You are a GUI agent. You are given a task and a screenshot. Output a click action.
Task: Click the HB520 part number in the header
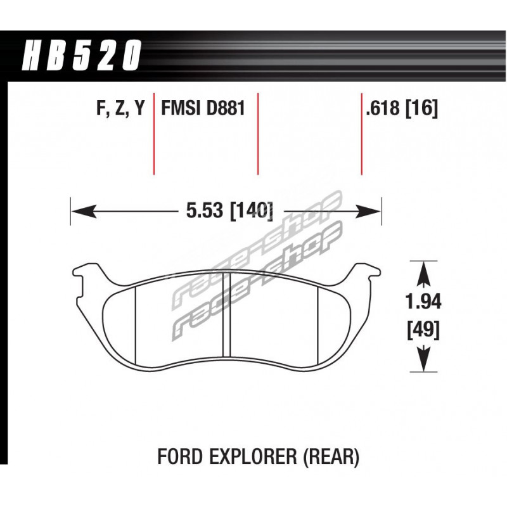click(82, 55)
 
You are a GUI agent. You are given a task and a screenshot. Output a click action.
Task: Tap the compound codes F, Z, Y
click(120, 108)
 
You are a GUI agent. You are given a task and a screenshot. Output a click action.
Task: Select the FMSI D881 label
click(203, 108)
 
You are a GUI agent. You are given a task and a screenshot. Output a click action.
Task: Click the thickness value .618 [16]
click(401, 108)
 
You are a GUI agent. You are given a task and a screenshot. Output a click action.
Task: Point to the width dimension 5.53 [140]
click(229, 211)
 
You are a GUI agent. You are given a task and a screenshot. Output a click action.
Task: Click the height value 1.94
click(423, 302)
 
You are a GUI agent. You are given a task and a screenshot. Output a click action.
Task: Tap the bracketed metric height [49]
click(423, 330)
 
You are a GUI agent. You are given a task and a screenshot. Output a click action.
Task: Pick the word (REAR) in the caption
click(331, 457)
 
